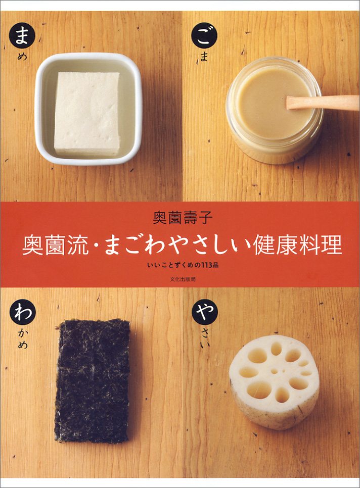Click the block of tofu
pyautogui.click(x=87, y=113)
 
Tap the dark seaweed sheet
pyautogui.click(x=92, y=380)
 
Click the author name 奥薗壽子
pyautogui.click(x=180, y=218)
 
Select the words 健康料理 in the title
pyautogui.click(x=303, y=245)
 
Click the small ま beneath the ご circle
pyautogui.click(x=204, y=57)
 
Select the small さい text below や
pyautogui.click(x=204, y=339)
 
